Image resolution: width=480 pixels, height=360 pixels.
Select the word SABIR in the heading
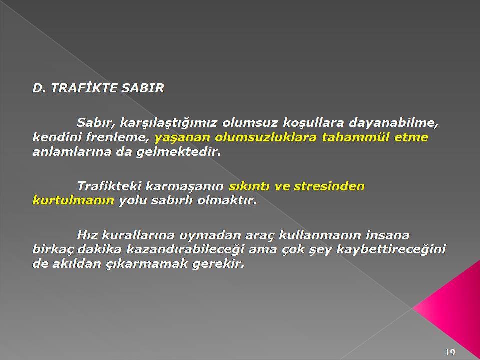[x=143, y=88]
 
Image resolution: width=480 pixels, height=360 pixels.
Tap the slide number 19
[x=450, y=352]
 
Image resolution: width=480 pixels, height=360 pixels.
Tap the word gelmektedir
[x=178, y=152]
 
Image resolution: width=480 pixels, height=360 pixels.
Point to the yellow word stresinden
[x=329, y=186]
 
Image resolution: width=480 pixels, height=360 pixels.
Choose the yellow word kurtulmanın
[x=73, y=200]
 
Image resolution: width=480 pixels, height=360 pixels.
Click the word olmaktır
[x=227, y=200]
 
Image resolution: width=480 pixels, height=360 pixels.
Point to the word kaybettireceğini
[x=391, y=249]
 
